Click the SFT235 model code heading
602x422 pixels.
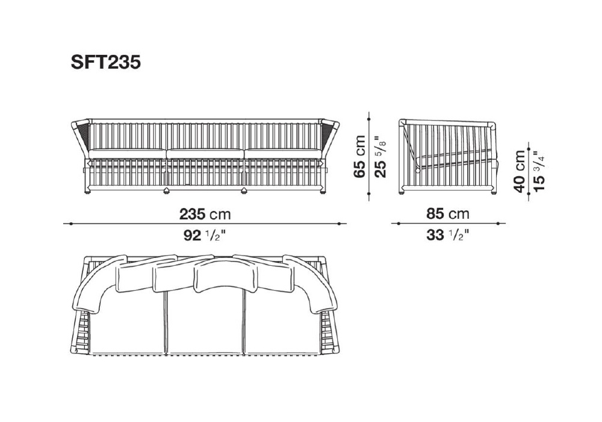coord(105,62)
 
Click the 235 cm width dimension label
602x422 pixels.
coord(205,214)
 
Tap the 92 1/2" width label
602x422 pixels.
coord(204,235)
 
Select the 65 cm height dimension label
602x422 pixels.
coord(360,156)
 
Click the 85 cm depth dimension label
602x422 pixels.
coord(448,213)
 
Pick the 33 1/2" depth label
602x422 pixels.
coord(448,235)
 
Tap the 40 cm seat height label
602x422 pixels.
coord(520,171)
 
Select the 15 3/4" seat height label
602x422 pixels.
coord(539,172)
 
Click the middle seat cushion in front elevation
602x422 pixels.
coord(205,154)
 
